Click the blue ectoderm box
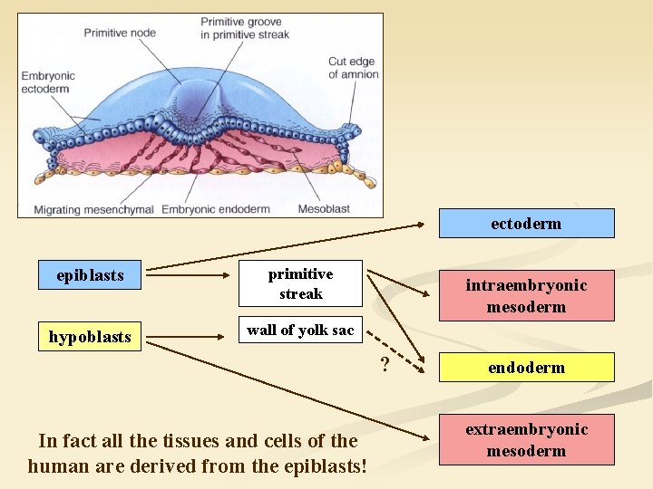tap(526, 224)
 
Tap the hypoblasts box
tap(90, 337)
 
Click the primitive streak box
tap(300, 283)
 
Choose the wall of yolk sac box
tap(300, 330)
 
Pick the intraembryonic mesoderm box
tap(526, 296)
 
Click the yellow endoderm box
tap(526, 368)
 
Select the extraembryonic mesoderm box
tap(526, 440)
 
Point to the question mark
tap(385, 364)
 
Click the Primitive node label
tap(120, 33)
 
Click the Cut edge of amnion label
tap(353, 68)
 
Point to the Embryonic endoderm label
tap(216, 210)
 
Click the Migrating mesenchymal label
tap(94, 210)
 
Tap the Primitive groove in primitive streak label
tap(245, 28)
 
